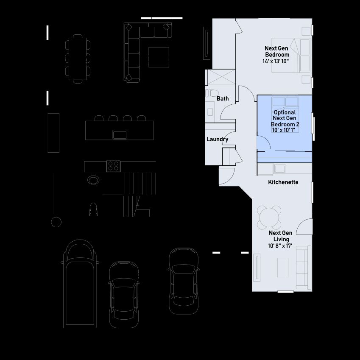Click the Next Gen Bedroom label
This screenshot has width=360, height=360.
pos(277,51)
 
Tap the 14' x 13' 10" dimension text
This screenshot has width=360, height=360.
pos(276,61)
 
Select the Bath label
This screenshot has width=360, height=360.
pos(223,98)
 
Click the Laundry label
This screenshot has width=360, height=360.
pos(217,139)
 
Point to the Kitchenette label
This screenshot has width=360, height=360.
pos(283,182)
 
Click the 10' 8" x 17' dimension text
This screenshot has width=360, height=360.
pos(280,246)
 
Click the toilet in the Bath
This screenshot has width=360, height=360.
pos(212,93)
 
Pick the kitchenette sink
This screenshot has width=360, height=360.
pos(279,169)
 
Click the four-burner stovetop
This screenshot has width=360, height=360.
pos(113,166)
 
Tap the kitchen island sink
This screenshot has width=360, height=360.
pos(120,134)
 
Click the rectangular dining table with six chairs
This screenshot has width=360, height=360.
pos(78,59)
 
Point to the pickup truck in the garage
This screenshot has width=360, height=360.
pos(80,284)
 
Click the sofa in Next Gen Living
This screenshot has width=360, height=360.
pos(304,268)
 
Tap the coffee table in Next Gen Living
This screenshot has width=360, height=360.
pos(283,268)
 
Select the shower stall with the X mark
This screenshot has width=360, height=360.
pos(222,77)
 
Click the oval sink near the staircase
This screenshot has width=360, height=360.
pos(93,180)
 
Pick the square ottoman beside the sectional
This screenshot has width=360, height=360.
pos(159,57)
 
